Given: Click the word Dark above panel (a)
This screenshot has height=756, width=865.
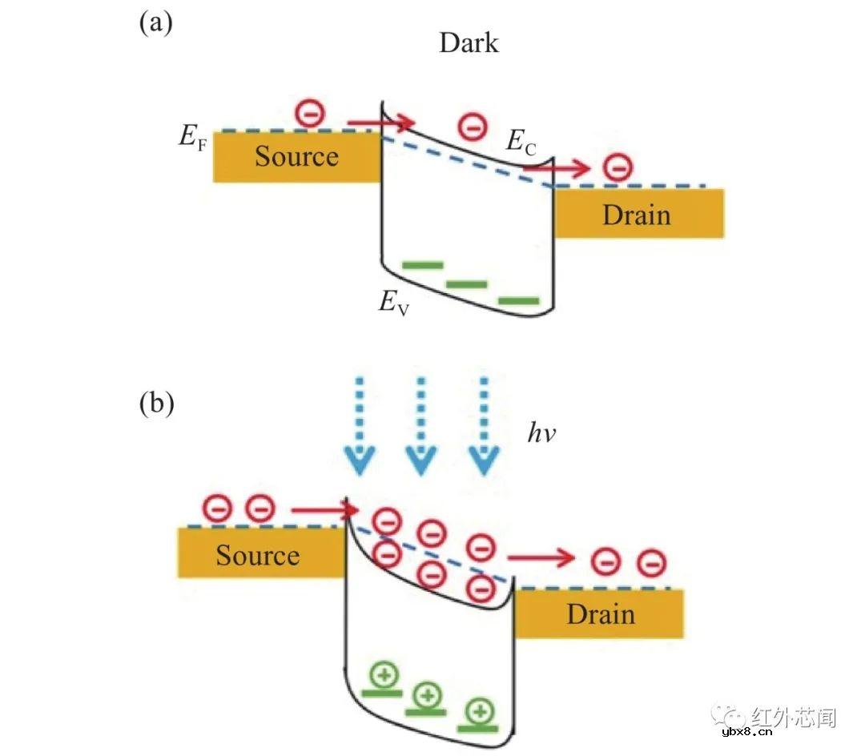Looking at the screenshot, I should click(x=469, y=42).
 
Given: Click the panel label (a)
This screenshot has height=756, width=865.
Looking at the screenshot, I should click(x=155, y=23).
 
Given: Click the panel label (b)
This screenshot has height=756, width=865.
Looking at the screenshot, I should click(x=155, y=403).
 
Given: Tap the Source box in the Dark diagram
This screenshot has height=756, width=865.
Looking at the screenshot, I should click(x=296, y=157).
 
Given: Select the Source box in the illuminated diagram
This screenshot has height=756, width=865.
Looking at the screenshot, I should click(x=258, y=554).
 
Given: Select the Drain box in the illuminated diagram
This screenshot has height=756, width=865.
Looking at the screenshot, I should click(x=600, y=614).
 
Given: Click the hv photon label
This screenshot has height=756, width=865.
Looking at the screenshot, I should click(x=541, y=433).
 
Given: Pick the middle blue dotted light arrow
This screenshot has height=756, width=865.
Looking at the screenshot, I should click(x=420, y=425).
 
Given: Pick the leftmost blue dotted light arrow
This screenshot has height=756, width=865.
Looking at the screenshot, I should click(x=360, y=425).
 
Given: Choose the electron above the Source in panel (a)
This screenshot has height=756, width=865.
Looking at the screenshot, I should click(x=310, y=113).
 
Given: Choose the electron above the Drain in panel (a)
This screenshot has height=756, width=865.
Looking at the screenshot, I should click(x=617, y=167).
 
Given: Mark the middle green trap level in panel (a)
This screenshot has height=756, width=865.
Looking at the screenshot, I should click(x=466, y=283).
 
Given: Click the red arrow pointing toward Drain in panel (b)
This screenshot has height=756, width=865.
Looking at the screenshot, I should click(x=541, y=558).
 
